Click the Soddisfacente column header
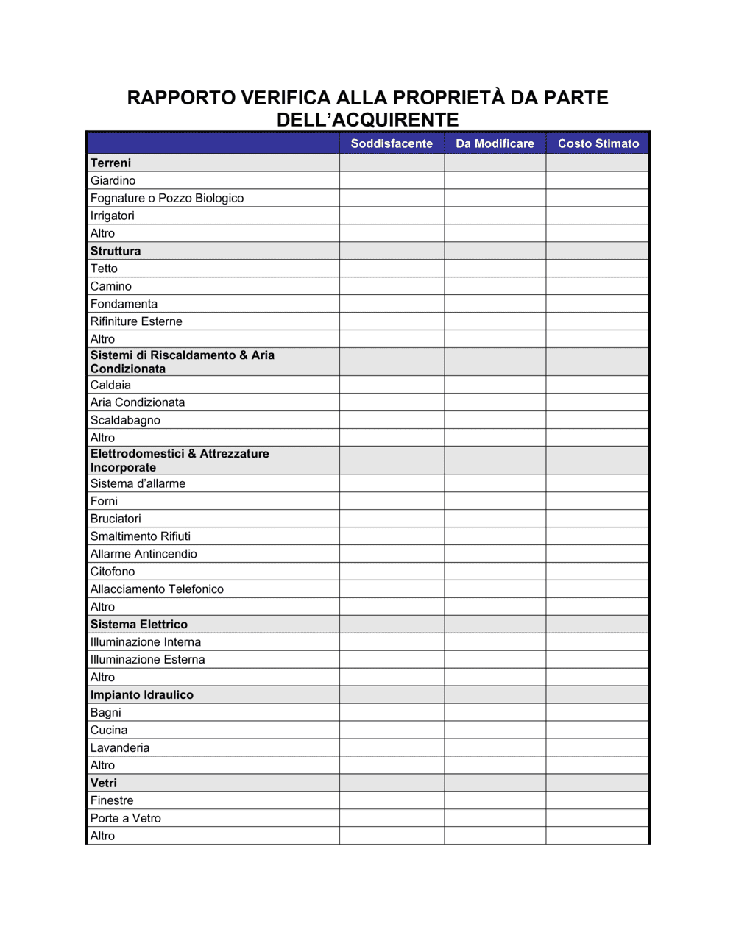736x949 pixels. (392, 143)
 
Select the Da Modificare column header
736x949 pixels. (495, 143)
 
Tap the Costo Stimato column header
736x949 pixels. (598, 143)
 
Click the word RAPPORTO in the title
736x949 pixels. (181, 98)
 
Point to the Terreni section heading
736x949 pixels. (111, 163)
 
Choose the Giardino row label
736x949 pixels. (113, 180)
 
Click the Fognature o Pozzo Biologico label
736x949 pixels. (167, 198)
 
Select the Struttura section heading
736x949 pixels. (116, 251)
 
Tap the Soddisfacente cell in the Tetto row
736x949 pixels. (392, 269)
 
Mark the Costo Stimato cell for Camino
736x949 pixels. (598, 286)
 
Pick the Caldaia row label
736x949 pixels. (111, 385)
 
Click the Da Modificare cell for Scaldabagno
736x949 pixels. (495, 420)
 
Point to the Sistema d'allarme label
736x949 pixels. (138, 483)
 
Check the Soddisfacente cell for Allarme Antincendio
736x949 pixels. (392, 554)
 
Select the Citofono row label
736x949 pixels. (113, 572)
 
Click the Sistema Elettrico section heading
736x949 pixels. (139, 625)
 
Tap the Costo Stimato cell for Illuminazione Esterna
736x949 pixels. (598, 660)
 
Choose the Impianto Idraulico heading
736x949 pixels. (142, 695)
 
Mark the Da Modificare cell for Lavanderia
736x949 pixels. (495, 748)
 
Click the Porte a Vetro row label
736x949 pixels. (126, 818)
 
